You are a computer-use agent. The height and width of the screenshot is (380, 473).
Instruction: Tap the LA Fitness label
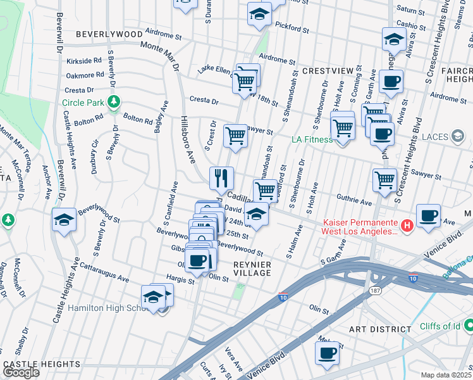311,139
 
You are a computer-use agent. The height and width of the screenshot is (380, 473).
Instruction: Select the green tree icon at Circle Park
113,101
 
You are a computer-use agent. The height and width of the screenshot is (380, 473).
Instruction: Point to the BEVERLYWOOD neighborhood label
109,34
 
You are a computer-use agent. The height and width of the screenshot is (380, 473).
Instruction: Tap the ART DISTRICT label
381,329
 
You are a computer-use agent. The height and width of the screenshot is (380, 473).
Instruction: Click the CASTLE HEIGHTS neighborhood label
42,365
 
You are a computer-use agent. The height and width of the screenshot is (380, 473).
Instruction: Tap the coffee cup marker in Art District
327,353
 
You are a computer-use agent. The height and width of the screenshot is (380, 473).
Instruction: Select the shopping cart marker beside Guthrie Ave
384,179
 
